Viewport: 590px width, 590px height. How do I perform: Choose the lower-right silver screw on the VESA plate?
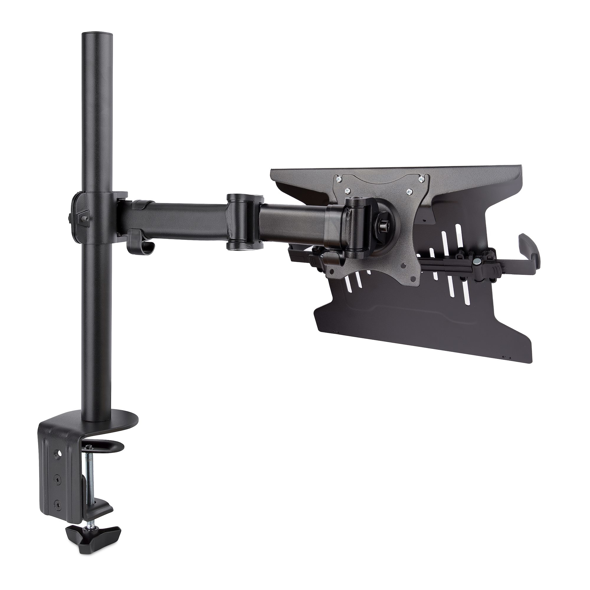tap(409, 192)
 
